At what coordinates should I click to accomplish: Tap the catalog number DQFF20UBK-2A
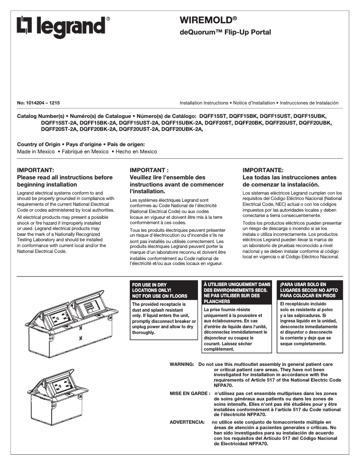(182, 129)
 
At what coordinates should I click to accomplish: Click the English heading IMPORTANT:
(35, 170)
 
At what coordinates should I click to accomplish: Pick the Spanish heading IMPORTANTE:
(263, 170)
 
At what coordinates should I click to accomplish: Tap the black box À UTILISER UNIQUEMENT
(237, 293)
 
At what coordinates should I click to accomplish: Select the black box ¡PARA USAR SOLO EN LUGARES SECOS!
(310, 290)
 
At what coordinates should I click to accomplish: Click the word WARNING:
(181, 364)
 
